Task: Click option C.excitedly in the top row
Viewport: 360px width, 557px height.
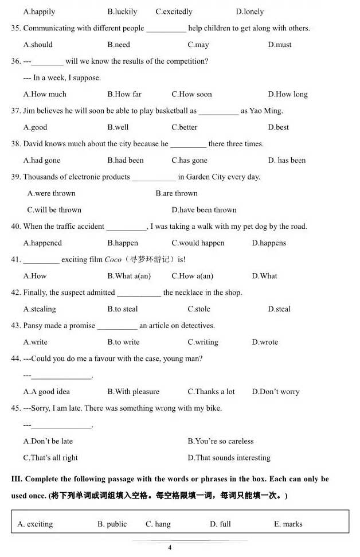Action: [x=174, y=11]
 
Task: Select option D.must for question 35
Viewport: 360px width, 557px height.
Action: [x=279, y=45]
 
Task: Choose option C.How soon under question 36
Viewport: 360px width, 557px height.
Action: [x=191, y=94]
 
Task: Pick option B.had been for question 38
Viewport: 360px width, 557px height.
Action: [x=126, y=161]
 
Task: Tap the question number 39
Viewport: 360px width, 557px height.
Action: [x=15, y=177]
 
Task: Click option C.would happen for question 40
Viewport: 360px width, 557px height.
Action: [x=198, y=243]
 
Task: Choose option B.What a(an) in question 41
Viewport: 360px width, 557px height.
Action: [x=129, y=276]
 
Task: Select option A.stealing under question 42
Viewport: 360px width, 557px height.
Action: [x=40, y=309]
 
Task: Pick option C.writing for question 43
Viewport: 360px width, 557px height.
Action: [x=203, y=342]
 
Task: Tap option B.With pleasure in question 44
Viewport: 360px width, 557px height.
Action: [x=133, y=392]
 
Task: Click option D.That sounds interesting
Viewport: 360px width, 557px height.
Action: [x=229, y=458]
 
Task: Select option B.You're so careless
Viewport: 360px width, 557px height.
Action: [x=220, y=441]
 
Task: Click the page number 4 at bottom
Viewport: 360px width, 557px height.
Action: [x=170, y=548]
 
